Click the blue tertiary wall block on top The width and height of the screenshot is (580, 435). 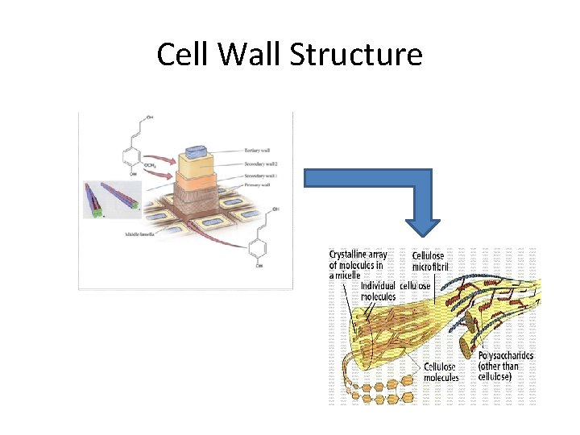(196, 151)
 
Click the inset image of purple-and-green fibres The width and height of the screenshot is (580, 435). (110, 200)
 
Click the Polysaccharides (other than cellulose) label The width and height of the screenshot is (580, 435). (506, 366)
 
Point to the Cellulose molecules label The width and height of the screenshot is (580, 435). (441, 372)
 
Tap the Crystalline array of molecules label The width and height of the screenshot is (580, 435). (356, 264)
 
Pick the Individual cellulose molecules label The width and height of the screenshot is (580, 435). (395, 291)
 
